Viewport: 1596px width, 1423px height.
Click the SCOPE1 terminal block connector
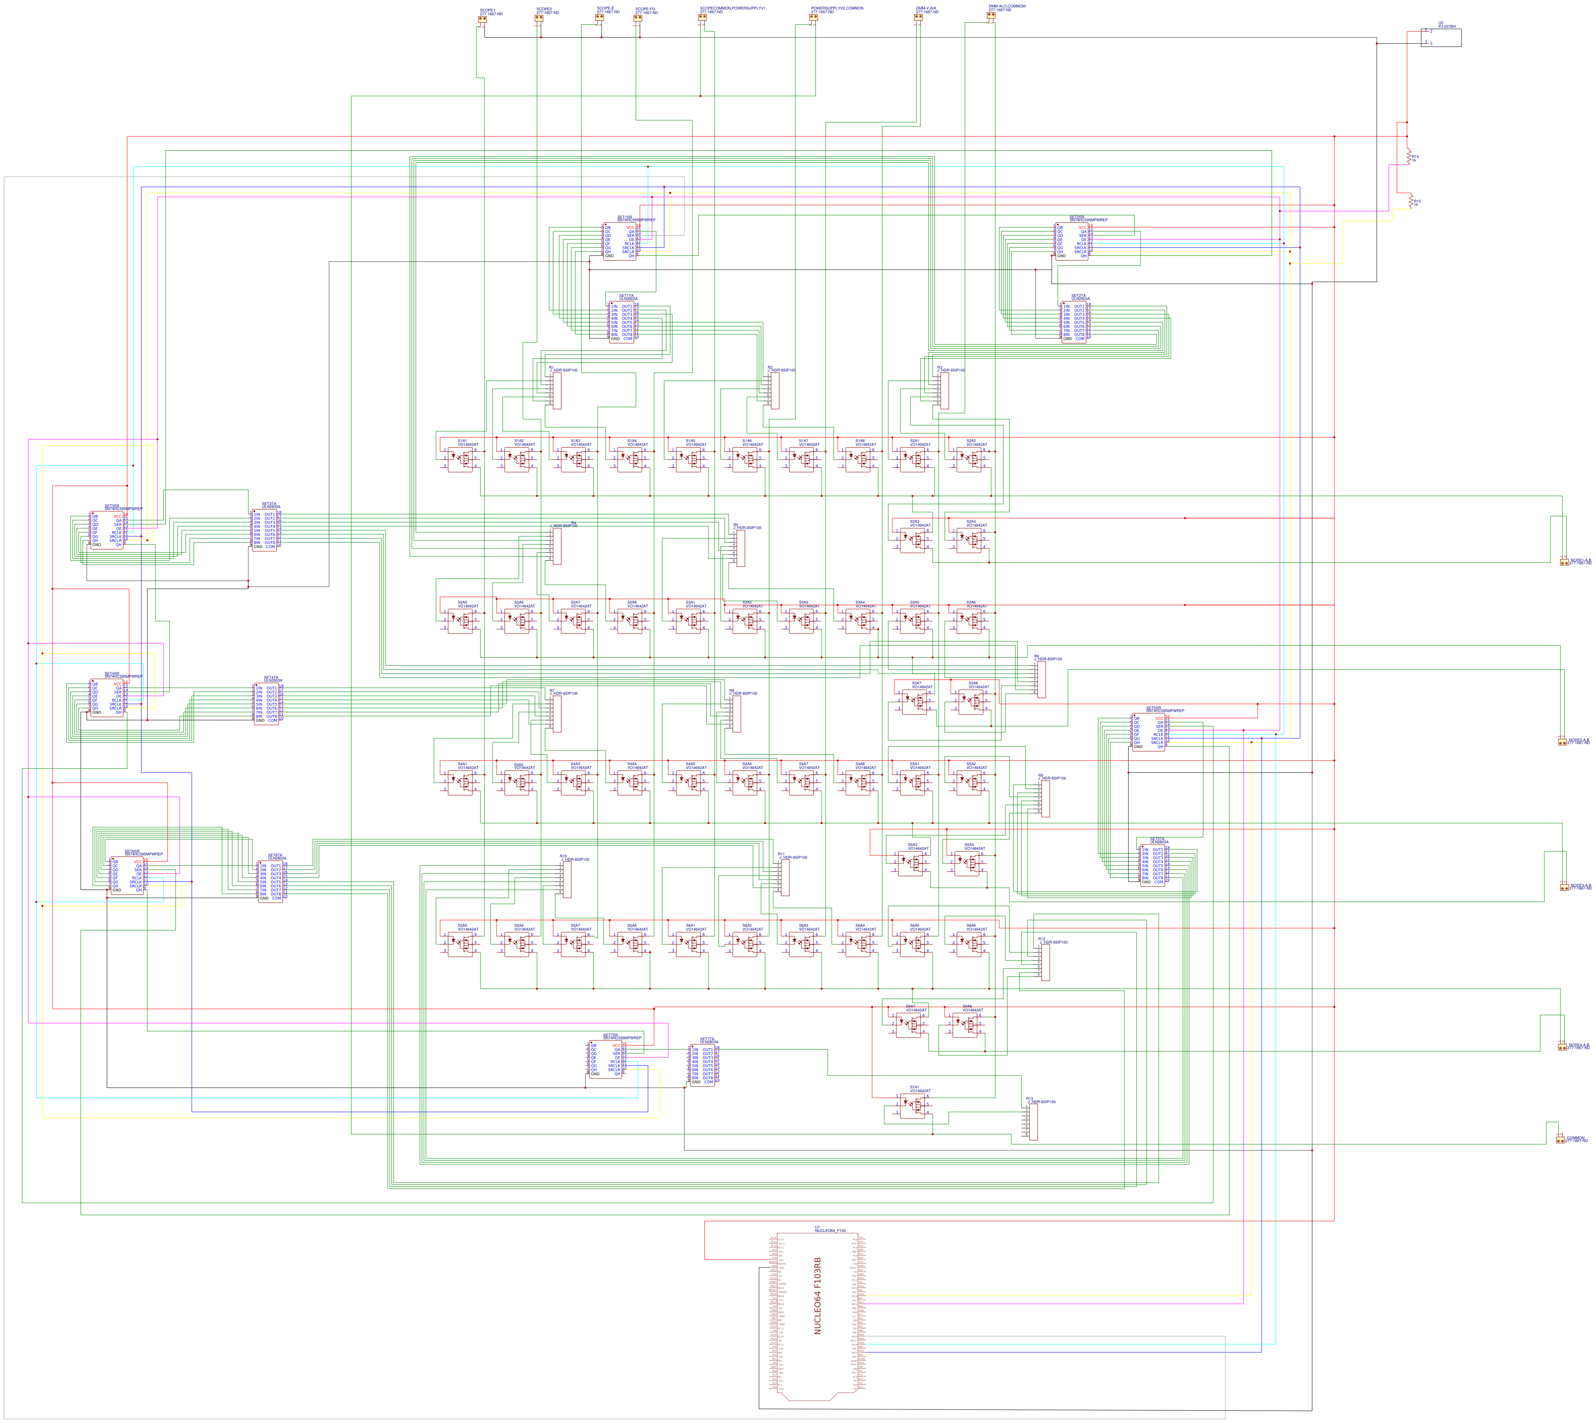pyautogui.click(x=482, y=19)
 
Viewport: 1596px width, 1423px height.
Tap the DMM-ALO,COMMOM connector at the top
pyautogui.click(x=991, y=15)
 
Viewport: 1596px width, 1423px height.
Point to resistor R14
pyautogui.click(x=1409, y=157)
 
